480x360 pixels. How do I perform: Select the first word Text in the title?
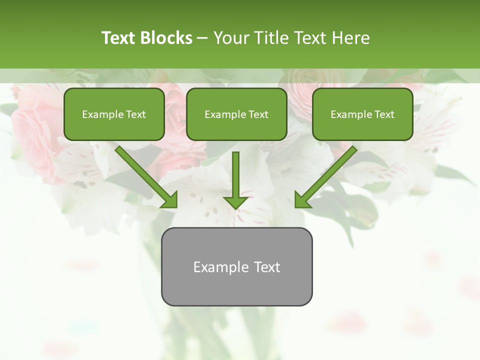(x=119, y=38)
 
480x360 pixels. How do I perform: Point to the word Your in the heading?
(x=231, y=38)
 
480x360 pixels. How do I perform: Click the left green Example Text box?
(x=114, y=114)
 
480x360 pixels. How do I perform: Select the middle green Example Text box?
(x=236, y=114)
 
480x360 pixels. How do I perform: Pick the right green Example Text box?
(x=362, y=114)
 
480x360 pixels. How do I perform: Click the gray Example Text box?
(x=236, y=266)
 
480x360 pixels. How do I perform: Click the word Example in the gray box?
(x=214, y=267)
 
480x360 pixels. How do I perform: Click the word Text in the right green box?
(x=384, y=114)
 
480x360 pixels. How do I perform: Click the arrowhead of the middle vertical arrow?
(x=235, y=201)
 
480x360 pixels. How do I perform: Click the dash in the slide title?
(x=202, y=38)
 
